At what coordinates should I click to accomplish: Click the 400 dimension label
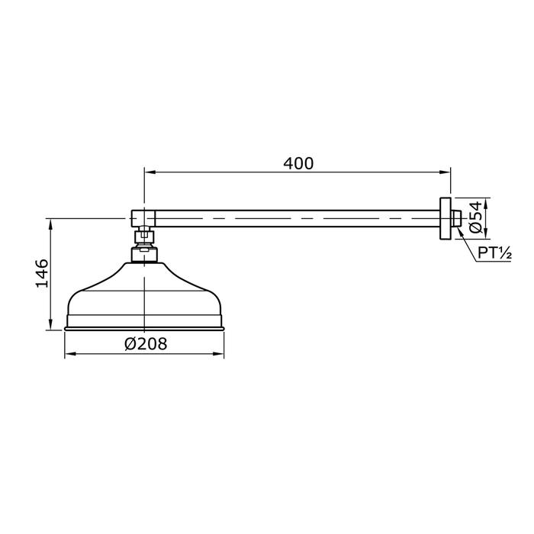298,163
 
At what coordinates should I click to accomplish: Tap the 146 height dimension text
42,273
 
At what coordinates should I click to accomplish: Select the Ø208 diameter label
146,343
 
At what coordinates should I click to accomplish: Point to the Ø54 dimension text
476,217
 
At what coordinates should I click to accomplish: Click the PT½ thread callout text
494,253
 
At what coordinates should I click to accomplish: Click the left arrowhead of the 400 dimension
150,172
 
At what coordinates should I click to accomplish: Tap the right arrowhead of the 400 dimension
445,172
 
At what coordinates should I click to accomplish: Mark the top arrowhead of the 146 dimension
51,224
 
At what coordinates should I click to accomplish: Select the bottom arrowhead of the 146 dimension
51,324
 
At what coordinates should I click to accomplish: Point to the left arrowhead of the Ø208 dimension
70,354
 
